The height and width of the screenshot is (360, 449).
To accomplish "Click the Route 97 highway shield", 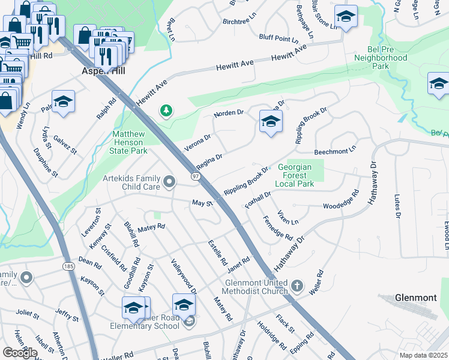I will click(x=196, y=176).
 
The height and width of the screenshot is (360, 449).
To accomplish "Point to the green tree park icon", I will click(x=166, y=110).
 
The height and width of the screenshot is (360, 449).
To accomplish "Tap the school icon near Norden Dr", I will click(x=271, y=122).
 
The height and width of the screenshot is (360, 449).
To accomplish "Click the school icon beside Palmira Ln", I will click(x=63, y=101).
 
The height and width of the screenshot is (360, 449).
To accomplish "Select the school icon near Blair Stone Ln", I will click(x=345, y=17).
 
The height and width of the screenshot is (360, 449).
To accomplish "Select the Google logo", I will click(x=20, y=352).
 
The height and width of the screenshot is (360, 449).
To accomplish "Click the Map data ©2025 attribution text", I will click(x=423, y=355).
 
